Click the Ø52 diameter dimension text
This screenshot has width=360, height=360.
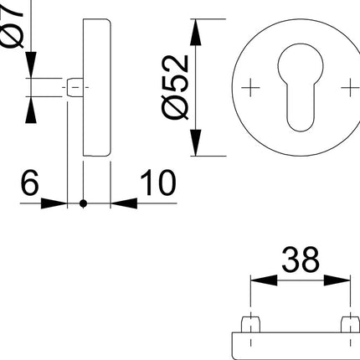point(173,88)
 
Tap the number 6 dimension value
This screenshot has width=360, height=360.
point(29,183)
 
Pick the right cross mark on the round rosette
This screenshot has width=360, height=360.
point(345,87)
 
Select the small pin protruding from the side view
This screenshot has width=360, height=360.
point(74,87)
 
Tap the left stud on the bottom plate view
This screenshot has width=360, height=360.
point(250,324)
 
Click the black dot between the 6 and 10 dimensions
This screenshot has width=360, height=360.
point(83,203)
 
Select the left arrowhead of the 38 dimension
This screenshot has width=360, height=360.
point(255,280)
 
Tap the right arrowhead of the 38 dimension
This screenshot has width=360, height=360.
point(342,280)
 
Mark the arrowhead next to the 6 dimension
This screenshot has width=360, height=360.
point(59,203)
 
